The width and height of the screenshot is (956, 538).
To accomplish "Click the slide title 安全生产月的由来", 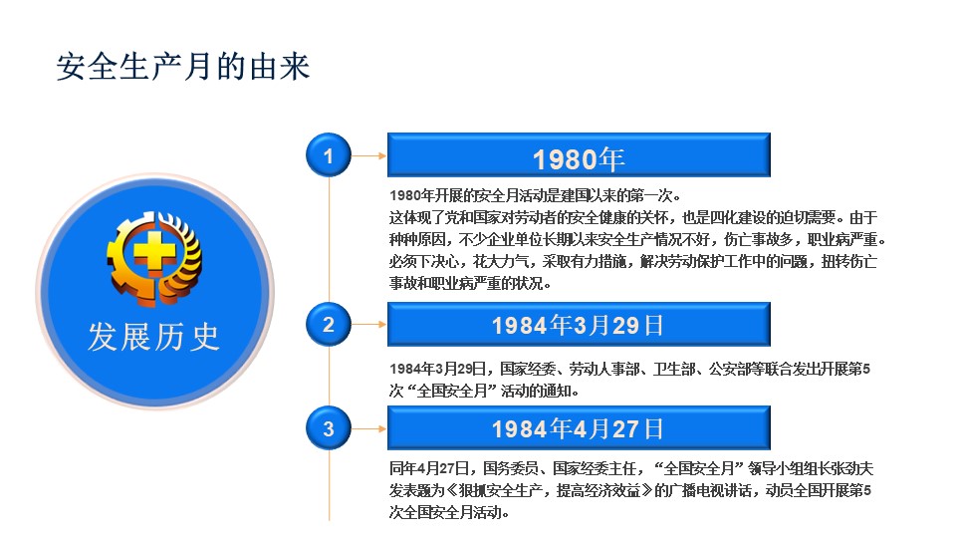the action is [183, 67].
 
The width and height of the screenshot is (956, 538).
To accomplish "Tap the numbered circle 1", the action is [329, 155].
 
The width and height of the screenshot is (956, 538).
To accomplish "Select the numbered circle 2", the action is [329, 324].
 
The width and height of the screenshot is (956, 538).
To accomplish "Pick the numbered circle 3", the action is [329, 428].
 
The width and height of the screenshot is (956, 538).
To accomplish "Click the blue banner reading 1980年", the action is [579, 155].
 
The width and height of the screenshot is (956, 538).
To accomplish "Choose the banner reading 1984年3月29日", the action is [579, 324].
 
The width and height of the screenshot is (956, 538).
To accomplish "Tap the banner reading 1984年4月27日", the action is [579, 428].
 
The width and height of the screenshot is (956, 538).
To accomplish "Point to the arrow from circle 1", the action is [368, 155].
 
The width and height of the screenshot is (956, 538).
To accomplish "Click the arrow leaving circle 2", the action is [368, 324].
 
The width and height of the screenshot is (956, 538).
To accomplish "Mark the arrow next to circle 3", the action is [368, 428].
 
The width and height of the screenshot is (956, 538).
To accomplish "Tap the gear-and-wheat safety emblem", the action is [154, 258].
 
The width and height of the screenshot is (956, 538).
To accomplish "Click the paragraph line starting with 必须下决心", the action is [633, 262].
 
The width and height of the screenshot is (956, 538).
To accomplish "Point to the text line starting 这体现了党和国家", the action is [633, 218].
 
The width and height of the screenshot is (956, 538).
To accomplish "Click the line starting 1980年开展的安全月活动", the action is [535, 196].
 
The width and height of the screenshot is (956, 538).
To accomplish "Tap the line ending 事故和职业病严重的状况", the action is [470, 284].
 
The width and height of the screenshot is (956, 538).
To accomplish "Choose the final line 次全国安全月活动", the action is [449, 512].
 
